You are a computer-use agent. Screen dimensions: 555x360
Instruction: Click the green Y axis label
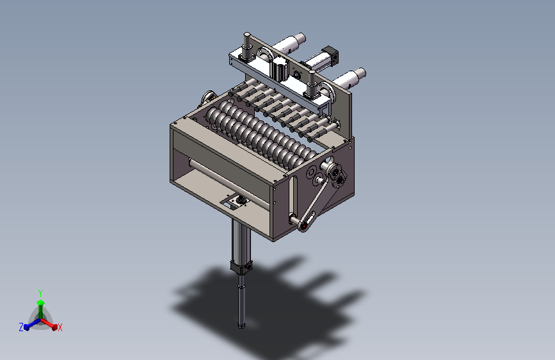pos(40,293)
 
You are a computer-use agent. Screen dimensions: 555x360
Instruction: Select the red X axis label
pos(60,327)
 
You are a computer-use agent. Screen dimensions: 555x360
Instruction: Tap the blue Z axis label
pos(21,327)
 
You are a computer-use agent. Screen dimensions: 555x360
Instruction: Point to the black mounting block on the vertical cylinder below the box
pos(241,266)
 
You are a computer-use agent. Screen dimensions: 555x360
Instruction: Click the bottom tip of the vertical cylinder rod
pos(242,326)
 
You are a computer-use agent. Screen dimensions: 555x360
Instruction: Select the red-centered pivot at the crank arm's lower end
pos(304,225)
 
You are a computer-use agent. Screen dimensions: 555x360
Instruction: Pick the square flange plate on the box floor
pos(236,202)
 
